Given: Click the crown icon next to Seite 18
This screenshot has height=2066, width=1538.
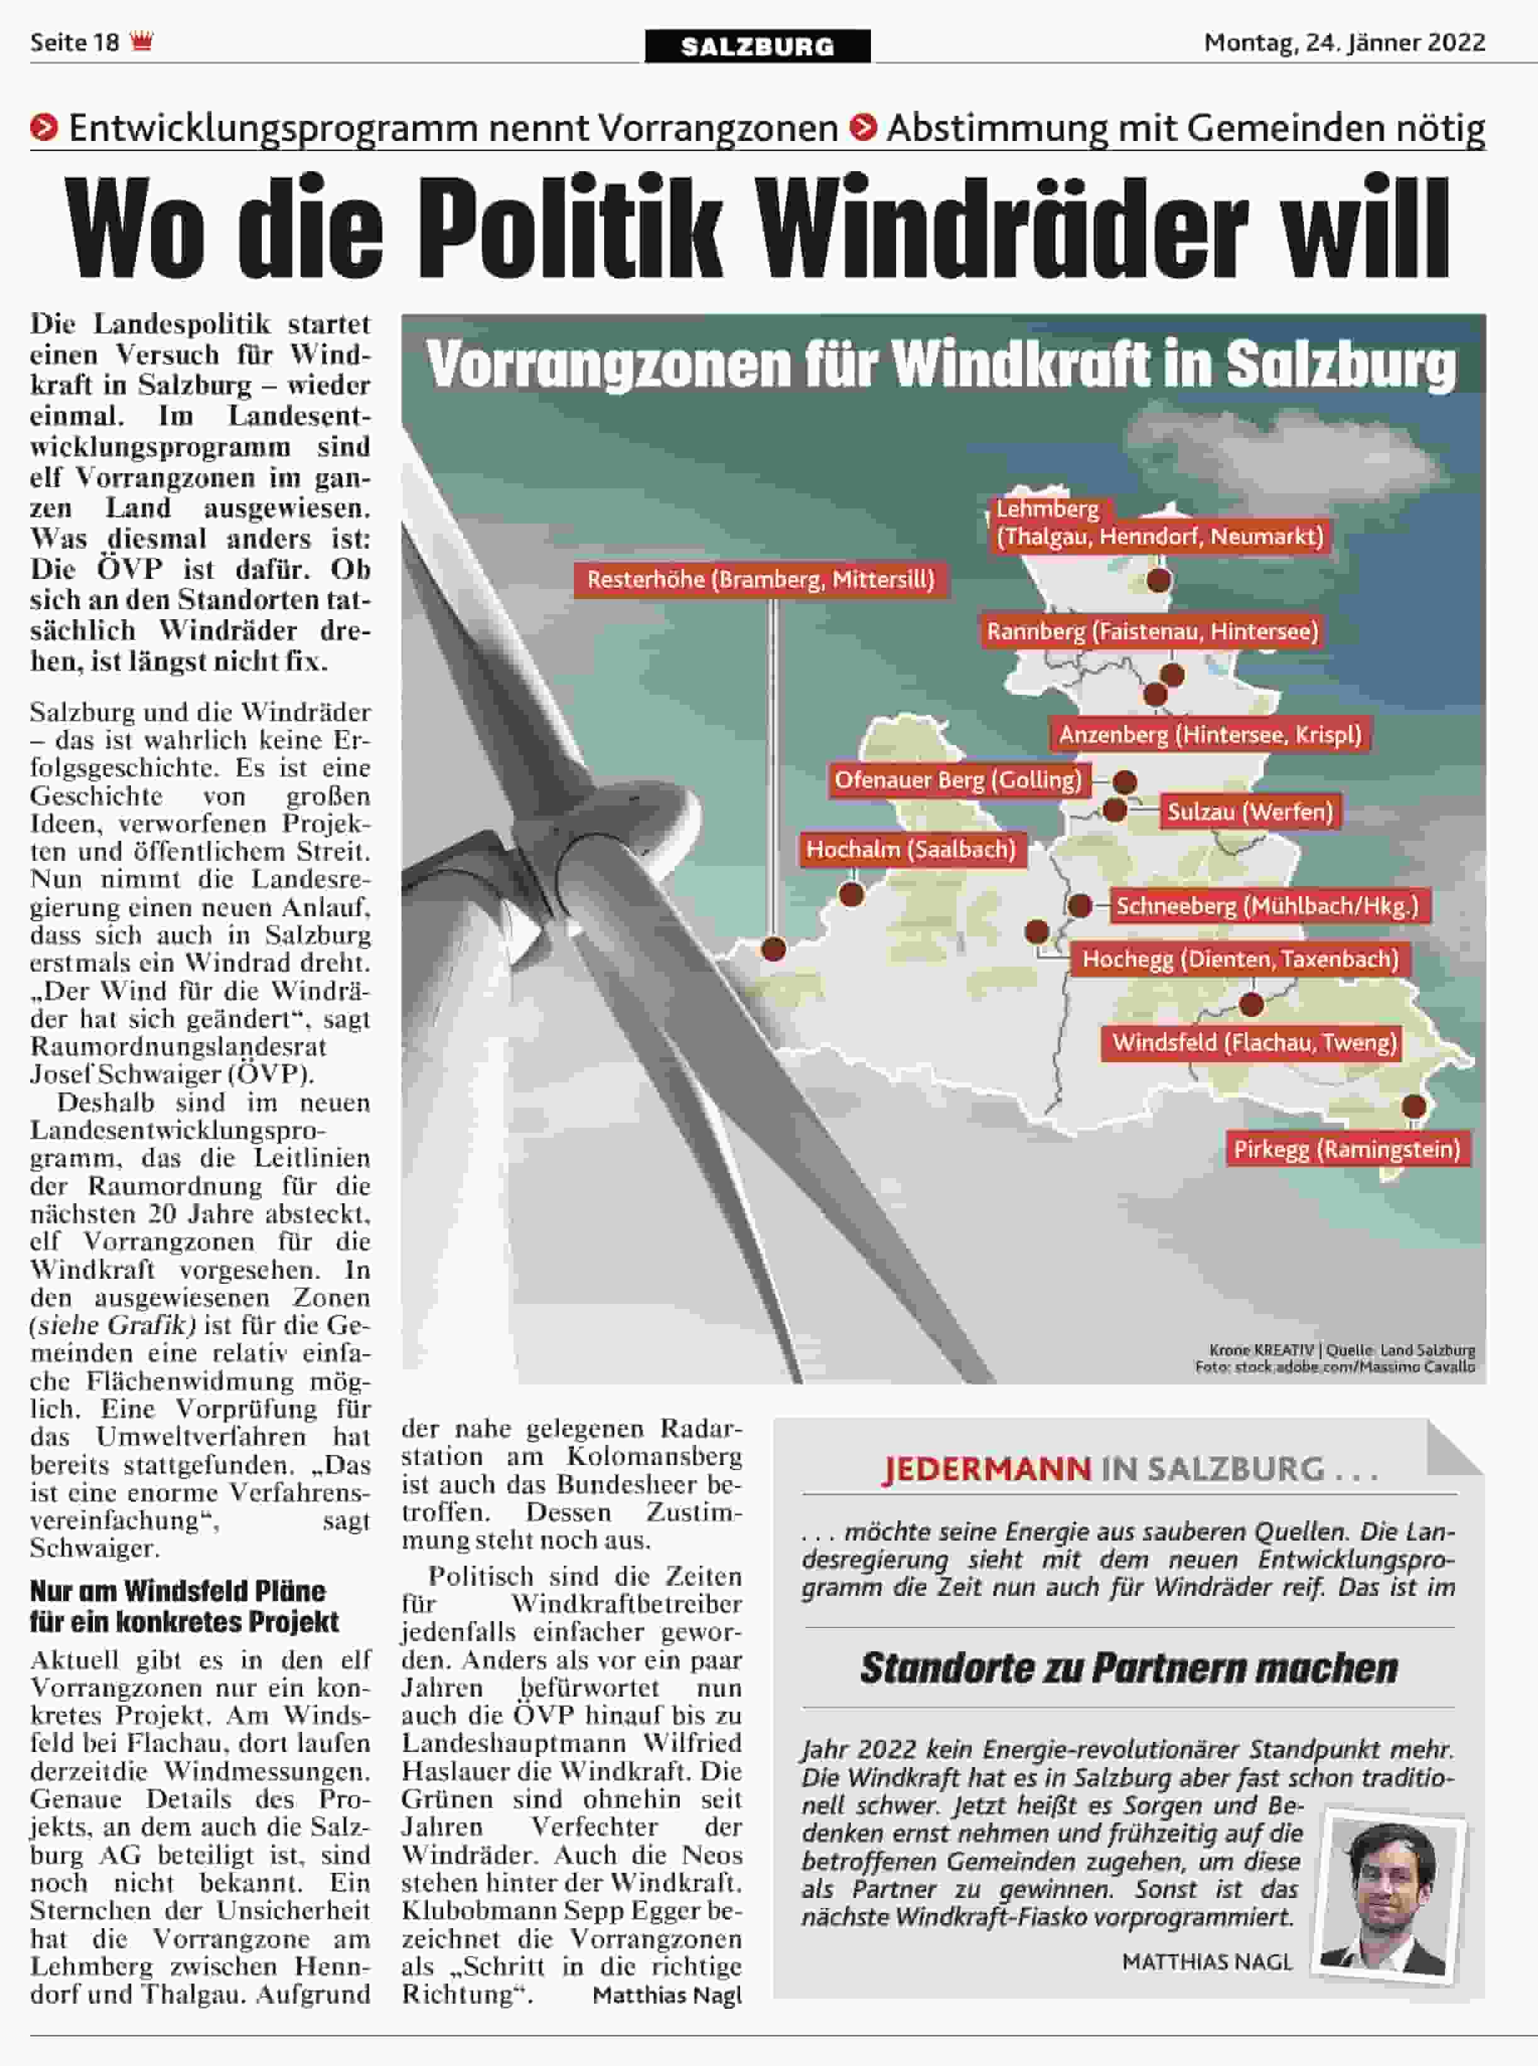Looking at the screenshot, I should click(x=142, y=42).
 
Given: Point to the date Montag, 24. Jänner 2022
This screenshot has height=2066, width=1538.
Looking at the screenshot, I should click(x=1344, y=43).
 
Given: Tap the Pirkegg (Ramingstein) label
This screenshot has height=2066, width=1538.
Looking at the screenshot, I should click(x=1346, y=1149).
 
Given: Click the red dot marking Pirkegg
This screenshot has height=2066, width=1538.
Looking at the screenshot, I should click(x=1413, y=1107).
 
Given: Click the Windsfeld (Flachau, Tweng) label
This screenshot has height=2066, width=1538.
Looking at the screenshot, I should click(x=1254, y=1042).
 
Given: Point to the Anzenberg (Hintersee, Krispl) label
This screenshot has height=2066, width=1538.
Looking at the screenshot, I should click(x=1210, y=734).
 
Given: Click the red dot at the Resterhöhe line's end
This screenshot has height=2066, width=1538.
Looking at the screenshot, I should click(x=773, y=950).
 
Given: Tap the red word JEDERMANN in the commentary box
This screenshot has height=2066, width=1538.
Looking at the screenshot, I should click(x=986, y=1469).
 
